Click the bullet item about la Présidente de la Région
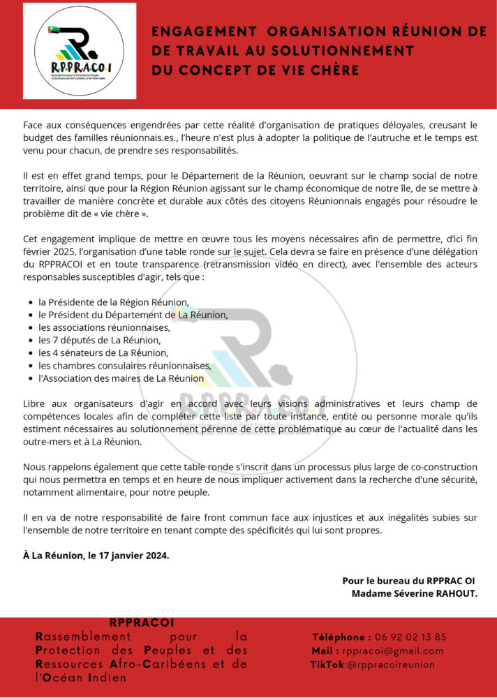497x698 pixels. (114, 302)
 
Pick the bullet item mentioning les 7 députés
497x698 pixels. (99, 340)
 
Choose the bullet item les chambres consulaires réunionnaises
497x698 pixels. (124, 365)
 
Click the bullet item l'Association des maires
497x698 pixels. (121, 378)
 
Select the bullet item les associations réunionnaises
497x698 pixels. (104, 327)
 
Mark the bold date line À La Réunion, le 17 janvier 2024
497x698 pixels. (96, 555)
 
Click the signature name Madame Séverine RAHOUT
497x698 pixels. (415, 593)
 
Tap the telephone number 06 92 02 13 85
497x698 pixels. (410, 637)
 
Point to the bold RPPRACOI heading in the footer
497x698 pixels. (142, 623)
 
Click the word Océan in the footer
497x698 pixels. (67, 677)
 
